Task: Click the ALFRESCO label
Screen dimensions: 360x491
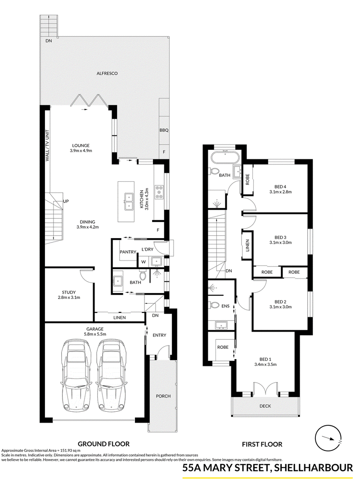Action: tap(107, 73)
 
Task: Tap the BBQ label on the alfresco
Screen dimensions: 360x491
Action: tap(164, 130)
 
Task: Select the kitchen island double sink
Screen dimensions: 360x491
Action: tap(129, 202)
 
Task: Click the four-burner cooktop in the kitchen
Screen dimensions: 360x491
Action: tap(160, 192)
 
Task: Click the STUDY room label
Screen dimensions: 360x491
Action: tap(68, 293)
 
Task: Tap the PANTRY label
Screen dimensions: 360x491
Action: tap(128, 252)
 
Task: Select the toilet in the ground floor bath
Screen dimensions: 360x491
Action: tap(144, 275)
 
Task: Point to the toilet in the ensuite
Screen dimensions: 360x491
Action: tap(214, 305)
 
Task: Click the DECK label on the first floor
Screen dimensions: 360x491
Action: tap(265, 406)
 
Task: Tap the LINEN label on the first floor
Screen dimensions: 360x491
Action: tap(247, 246)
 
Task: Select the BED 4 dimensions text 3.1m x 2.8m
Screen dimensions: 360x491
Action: tap(280, 192)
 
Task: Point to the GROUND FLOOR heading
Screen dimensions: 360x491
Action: tap(103, 444)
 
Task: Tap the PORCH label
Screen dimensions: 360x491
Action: tap(163, 396)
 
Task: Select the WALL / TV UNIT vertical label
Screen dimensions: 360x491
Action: tap(48, 146)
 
